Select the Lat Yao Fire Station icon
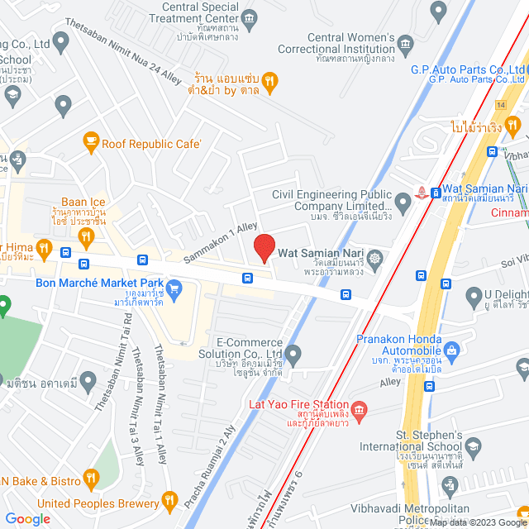[359, 409]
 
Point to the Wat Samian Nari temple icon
[374, 259]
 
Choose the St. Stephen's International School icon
[472, 449]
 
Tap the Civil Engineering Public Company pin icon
[403, 202]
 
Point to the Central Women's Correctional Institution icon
[405, 44]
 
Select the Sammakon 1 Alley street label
[221, 241]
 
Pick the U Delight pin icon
[474, 295]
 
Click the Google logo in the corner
[27, 518]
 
